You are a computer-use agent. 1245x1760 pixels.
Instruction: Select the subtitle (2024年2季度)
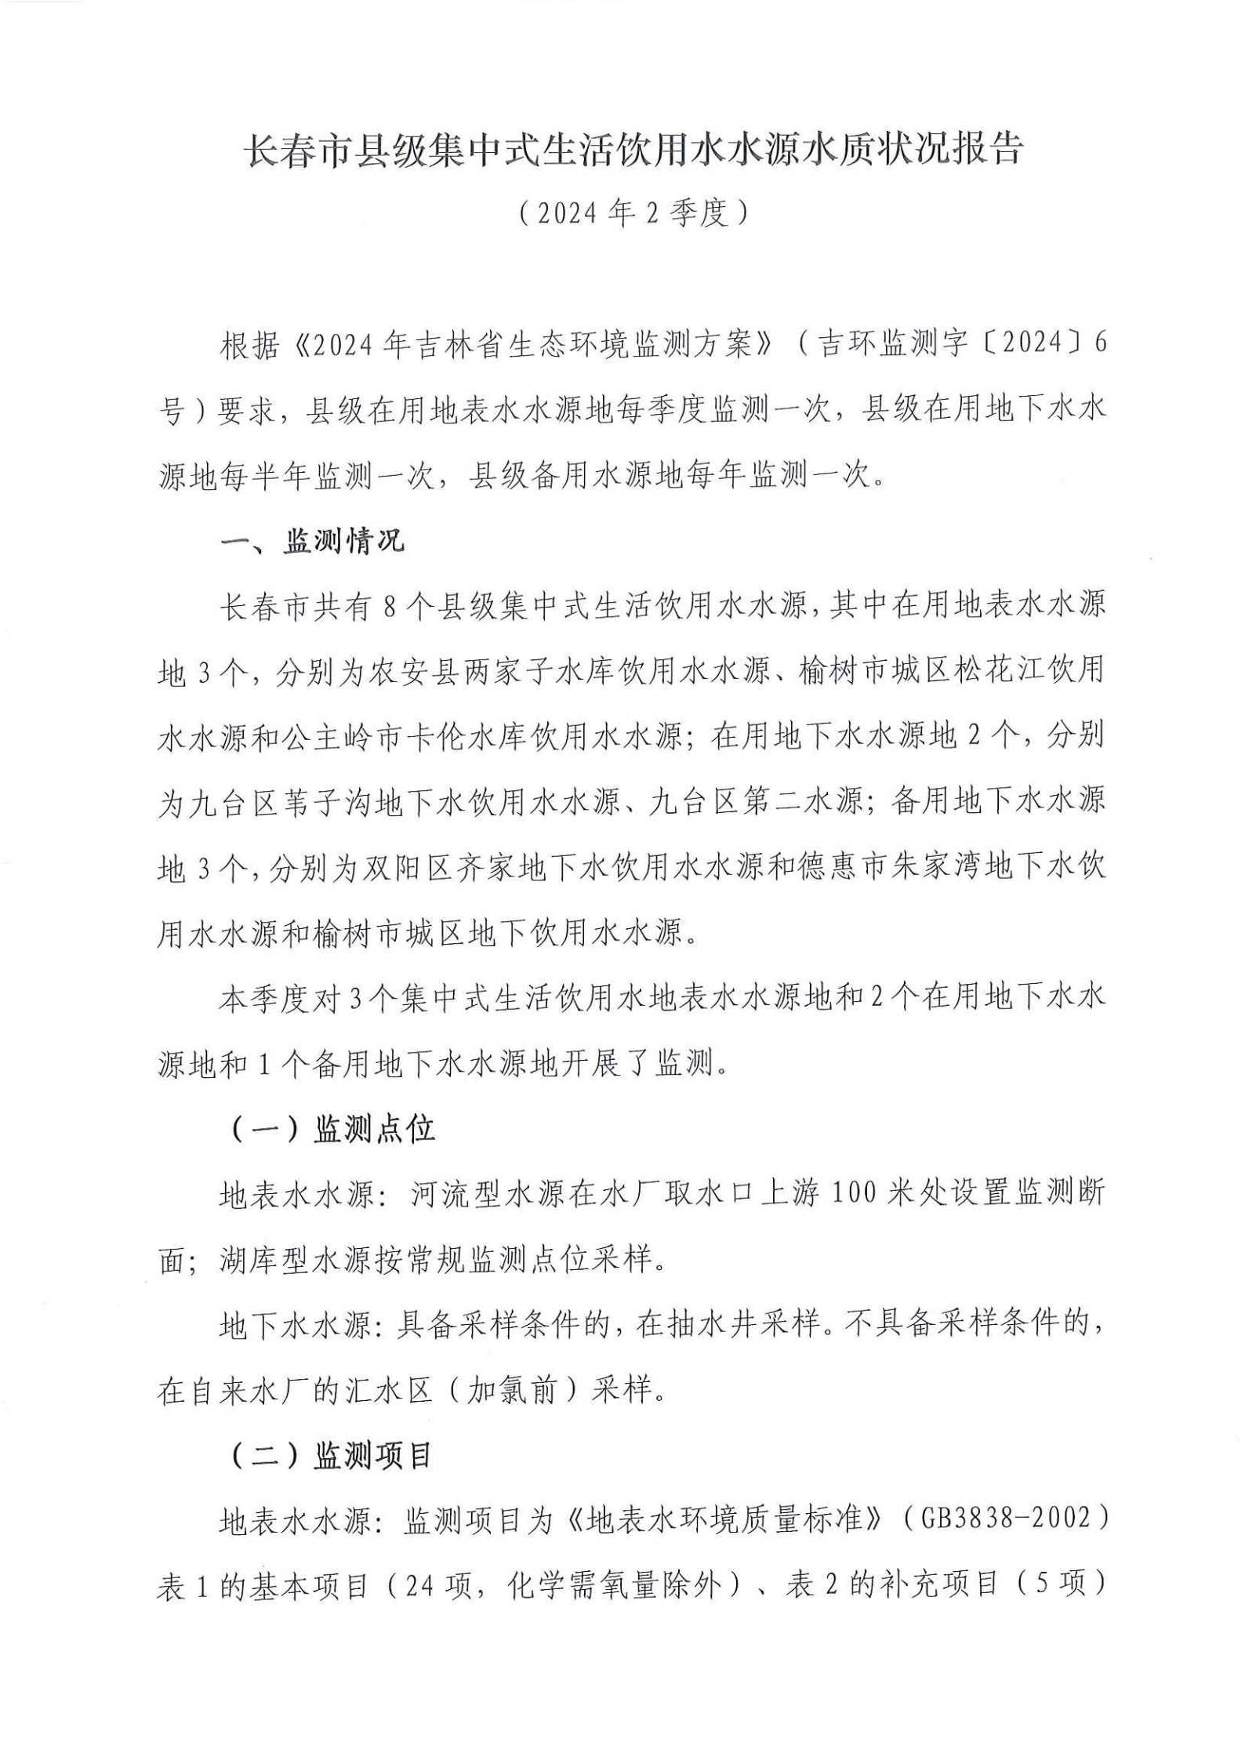point(622,213)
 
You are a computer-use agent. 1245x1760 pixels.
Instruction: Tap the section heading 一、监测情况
point(311,541)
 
